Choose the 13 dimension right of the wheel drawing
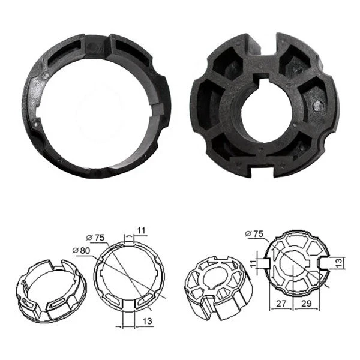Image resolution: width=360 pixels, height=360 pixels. point(340,262)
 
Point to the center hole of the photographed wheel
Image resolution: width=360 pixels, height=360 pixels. point(267,113)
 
